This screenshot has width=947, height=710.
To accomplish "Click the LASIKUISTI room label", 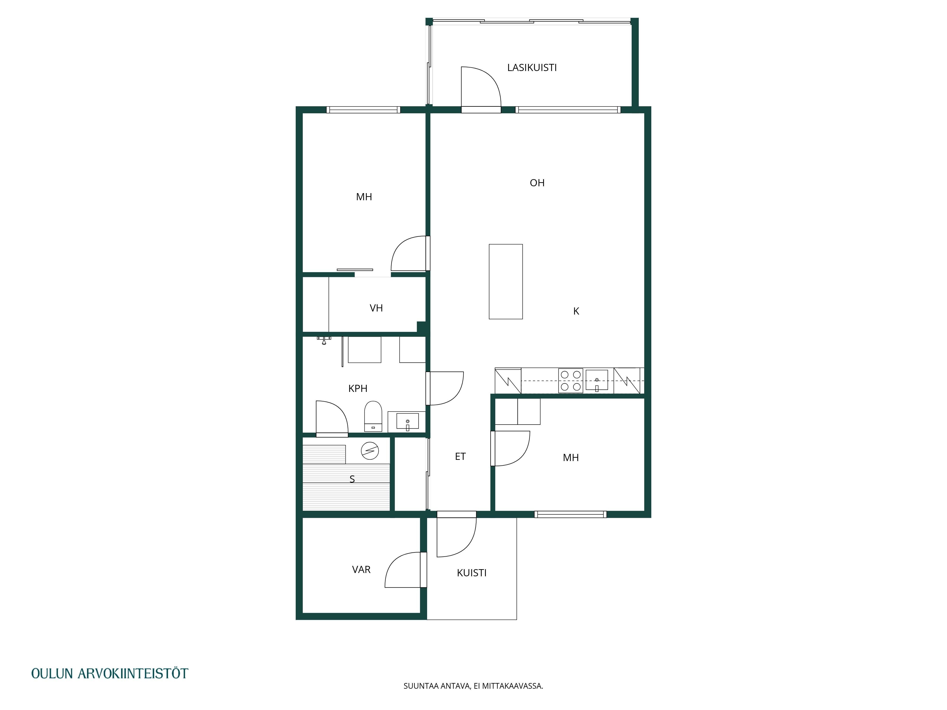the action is click(532, 68).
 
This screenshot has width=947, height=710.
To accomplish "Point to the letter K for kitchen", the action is click(576, 311).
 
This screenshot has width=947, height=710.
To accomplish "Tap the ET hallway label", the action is click(460, 457).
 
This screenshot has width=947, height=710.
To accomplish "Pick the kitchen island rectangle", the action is click(506, 282).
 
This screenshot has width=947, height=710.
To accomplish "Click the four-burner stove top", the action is click(571, 381).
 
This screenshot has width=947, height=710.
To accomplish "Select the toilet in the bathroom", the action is click(373, 416).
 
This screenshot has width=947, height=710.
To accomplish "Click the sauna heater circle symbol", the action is click(370, 451).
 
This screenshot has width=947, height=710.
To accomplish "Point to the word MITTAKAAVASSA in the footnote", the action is click(513, 686).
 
